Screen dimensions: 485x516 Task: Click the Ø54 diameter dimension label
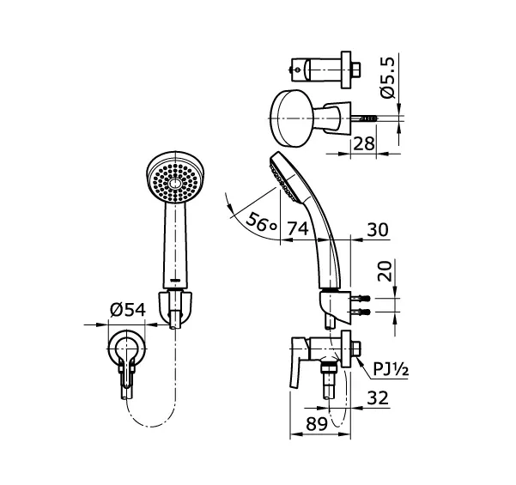(x=128, y=312)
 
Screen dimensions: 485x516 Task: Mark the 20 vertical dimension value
(x=386, y=272)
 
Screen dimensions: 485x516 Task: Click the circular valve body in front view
(x=128, y=349)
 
